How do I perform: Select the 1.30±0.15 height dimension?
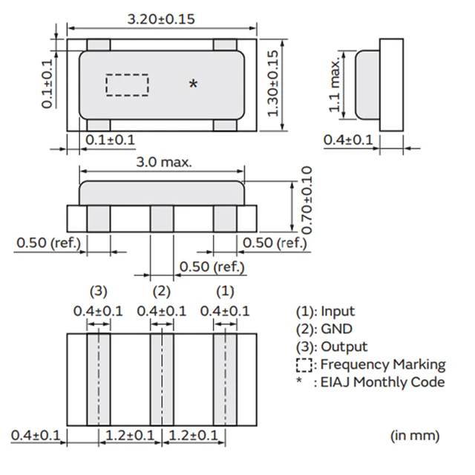(273, 82)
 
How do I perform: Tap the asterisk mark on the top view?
(194, 85)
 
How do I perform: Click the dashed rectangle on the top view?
(127, 85)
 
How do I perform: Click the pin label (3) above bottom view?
(99, 290)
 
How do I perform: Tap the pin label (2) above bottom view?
(162, 290)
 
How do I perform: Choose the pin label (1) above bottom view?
(225, 290)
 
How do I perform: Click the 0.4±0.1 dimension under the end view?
(349, 140)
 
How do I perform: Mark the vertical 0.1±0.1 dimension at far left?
(48, 84)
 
